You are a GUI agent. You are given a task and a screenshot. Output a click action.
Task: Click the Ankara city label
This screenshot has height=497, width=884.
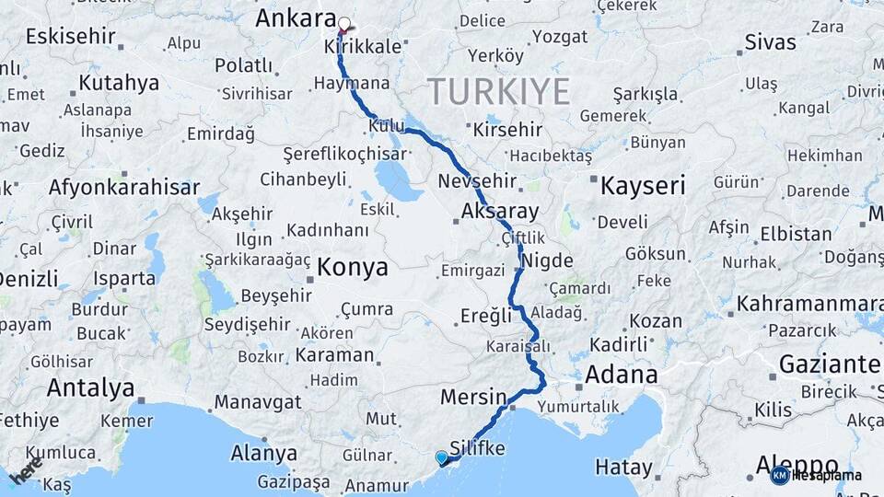coord(296,18)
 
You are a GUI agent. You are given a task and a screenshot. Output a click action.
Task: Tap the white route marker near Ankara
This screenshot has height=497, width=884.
coord(344,24)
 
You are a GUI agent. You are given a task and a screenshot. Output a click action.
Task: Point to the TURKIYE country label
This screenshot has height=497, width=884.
coord(498,92)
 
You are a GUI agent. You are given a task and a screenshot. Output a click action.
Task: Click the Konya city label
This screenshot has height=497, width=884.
coord(353,267)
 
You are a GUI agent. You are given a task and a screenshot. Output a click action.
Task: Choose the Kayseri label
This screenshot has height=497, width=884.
coord(643,186)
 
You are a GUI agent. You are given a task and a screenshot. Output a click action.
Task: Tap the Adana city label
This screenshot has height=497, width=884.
coord(621,375)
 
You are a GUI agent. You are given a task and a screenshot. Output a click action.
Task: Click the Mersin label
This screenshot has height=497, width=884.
coord(473,398)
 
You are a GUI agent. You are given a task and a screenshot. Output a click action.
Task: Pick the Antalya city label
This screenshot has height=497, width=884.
coord(90,387)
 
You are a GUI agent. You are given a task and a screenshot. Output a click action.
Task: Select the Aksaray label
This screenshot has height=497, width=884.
coord(500,211)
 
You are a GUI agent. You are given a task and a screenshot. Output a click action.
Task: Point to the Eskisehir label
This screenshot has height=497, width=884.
coord(70,37)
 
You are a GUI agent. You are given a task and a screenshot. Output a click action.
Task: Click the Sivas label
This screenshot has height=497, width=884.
coord(770,41)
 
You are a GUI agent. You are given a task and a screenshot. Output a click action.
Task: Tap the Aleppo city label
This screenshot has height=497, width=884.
coord(797,464)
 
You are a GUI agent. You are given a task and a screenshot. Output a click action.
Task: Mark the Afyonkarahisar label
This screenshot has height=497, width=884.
coord(123,188)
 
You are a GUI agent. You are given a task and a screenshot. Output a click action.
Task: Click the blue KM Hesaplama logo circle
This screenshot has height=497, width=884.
coord(780,475)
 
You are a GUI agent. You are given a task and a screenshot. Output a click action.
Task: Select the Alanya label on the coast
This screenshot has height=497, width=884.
coord(265,454)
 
